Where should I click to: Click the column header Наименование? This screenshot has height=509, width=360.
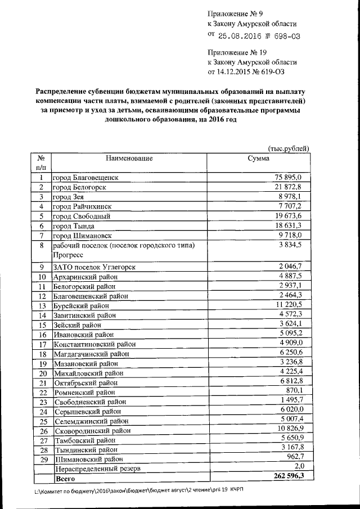[128, 158]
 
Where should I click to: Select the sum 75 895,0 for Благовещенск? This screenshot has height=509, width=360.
[290, 178]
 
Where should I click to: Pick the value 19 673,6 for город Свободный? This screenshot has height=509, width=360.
[290, 215]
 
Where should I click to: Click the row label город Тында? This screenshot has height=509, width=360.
[74, 225]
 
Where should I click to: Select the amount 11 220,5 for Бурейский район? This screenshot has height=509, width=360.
[290, 305]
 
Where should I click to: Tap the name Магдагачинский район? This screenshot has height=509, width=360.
[91, 354]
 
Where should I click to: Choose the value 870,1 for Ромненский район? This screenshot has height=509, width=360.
[294, 391]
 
